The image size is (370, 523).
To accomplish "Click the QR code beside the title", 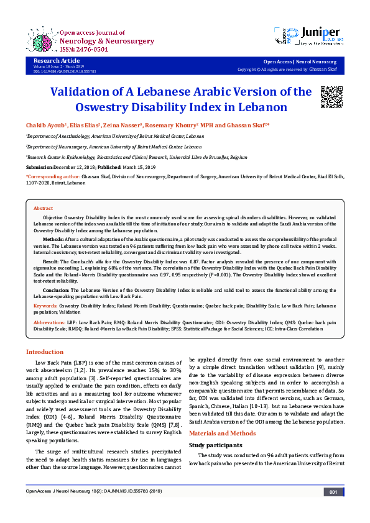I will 330,98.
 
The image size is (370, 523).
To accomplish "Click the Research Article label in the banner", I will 55,61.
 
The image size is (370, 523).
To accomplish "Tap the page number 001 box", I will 334,509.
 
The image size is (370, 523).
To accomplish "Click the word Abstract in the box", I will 43,208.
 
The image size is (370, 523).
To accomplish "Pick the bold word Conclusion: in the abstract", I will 56,290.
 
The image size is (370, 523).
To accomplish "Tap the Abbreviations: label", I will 50,323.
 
